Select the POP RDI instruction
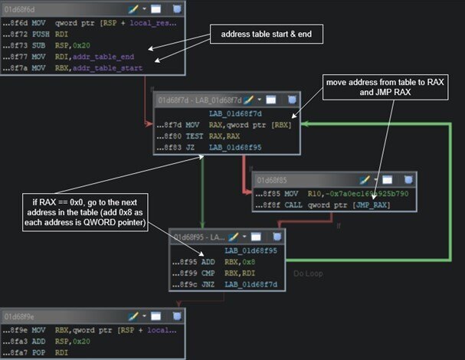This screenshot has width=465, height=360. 38,353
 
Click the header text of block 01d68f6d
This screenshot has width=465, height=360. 23,8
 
